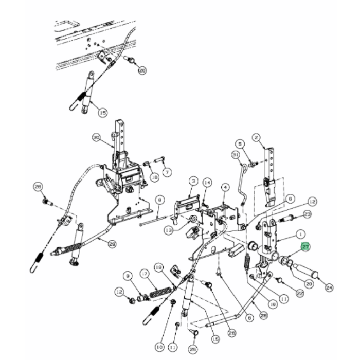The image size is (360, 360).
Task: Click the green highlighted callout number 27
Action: [x=306, y=247]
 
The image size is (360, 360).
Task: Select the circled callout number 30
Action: [x=96, y=137]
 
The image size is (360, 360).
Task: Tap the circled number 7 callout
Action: [x=168, y=171]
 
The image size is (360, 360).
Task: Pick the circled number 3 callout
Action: [x=193, y=181]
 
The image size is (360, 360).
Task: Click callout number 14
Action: [x=207, y=183]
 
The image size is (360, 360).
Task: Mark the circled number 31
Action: [x=236, y=155]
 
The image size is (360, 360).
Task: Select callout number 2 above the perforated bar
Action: [x=255, y=137]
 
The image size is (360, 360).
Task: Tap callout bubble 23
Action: [x=307, y=214]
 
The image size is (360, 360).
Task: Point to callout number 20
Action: [x=309, y=283]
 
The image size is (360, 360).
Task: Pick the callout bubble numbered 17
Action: [x=145, y=274]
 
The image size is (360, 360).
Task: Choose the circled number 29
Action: [x=112, y=244]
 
